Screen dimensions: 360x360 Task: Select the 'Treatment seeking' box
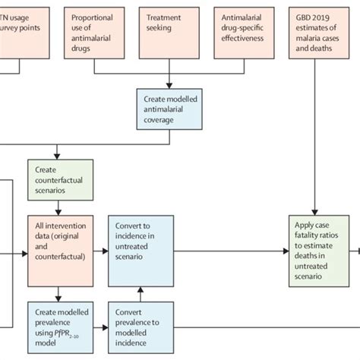coord(169,31)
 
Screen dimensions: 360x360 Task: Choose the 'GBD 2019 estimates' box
coord(322,31)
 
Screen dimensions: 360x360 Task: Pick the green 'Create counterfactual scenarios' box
coord(61,179)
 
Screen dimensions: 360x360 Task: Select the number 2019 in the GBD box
coord(329,16)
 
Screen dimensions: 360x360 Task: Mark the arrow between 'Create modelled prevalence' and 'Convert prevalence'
coord(100,321)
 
